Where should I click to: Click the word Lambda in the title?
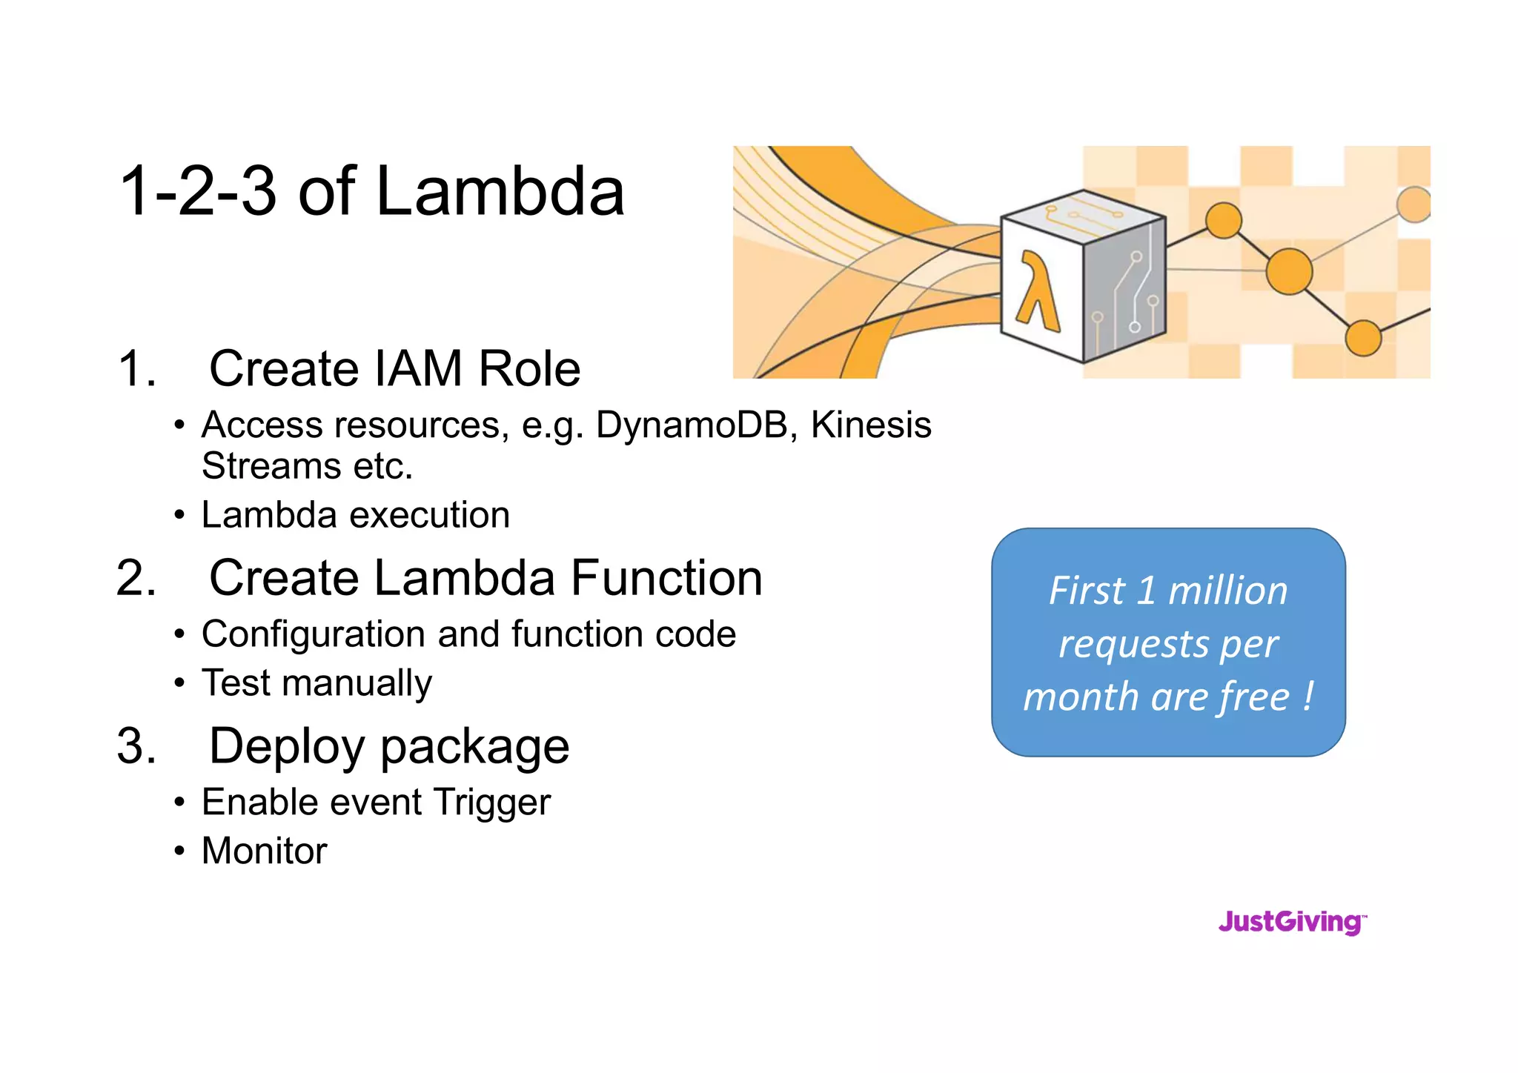point(500,191)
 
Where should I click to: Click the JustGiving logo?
point(1292,922)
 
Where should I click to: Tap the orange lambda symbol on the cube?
point(1038,290)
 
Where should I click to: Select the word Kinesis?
point(870,425)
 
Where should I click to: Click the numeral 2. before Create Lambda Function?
point(136,578)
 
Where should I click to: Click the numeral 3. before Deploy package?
point(136,745)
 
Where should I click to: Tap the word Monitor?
point(264,851)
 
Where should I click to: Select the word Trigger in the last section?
point(492,803)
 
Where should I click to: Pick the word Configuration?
point(314,635)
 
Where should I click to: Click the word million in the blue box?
point(1227,591)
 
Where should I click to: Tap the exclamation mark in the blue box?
point(1308,697)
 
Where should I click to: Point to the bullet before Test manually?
point(179,682)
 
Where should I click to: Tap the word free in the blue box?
point(1254,697)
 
